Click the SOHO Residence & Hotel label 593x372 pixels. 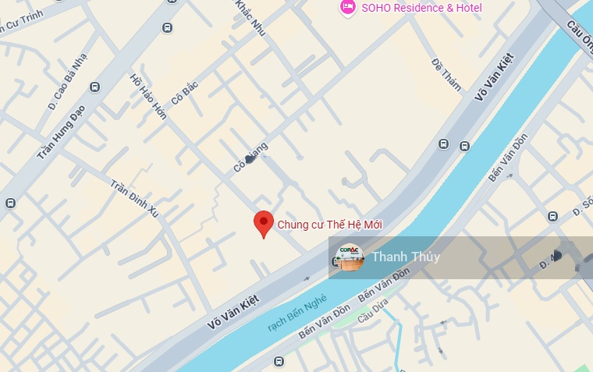click(x=421, y=8)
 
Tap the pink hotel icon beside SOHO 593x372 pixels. click(x=347, y=7)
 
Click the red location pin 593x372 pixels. click(x=264, y=224)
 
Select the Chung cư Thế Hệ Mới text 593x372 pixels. click(x=330, y=225)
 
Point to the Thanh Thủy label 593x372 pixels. click(x=406, y=257)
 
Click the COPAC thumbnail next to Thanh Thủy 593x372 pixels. click(x=350, y=257)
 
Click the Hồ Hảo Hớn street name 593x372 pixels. click(x=148, y=98)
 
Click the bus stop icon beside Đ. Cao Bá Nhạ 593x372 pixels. click(x=95, y=87)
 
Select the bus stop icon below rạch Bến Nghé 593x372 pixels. click(x=279, y=361)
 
